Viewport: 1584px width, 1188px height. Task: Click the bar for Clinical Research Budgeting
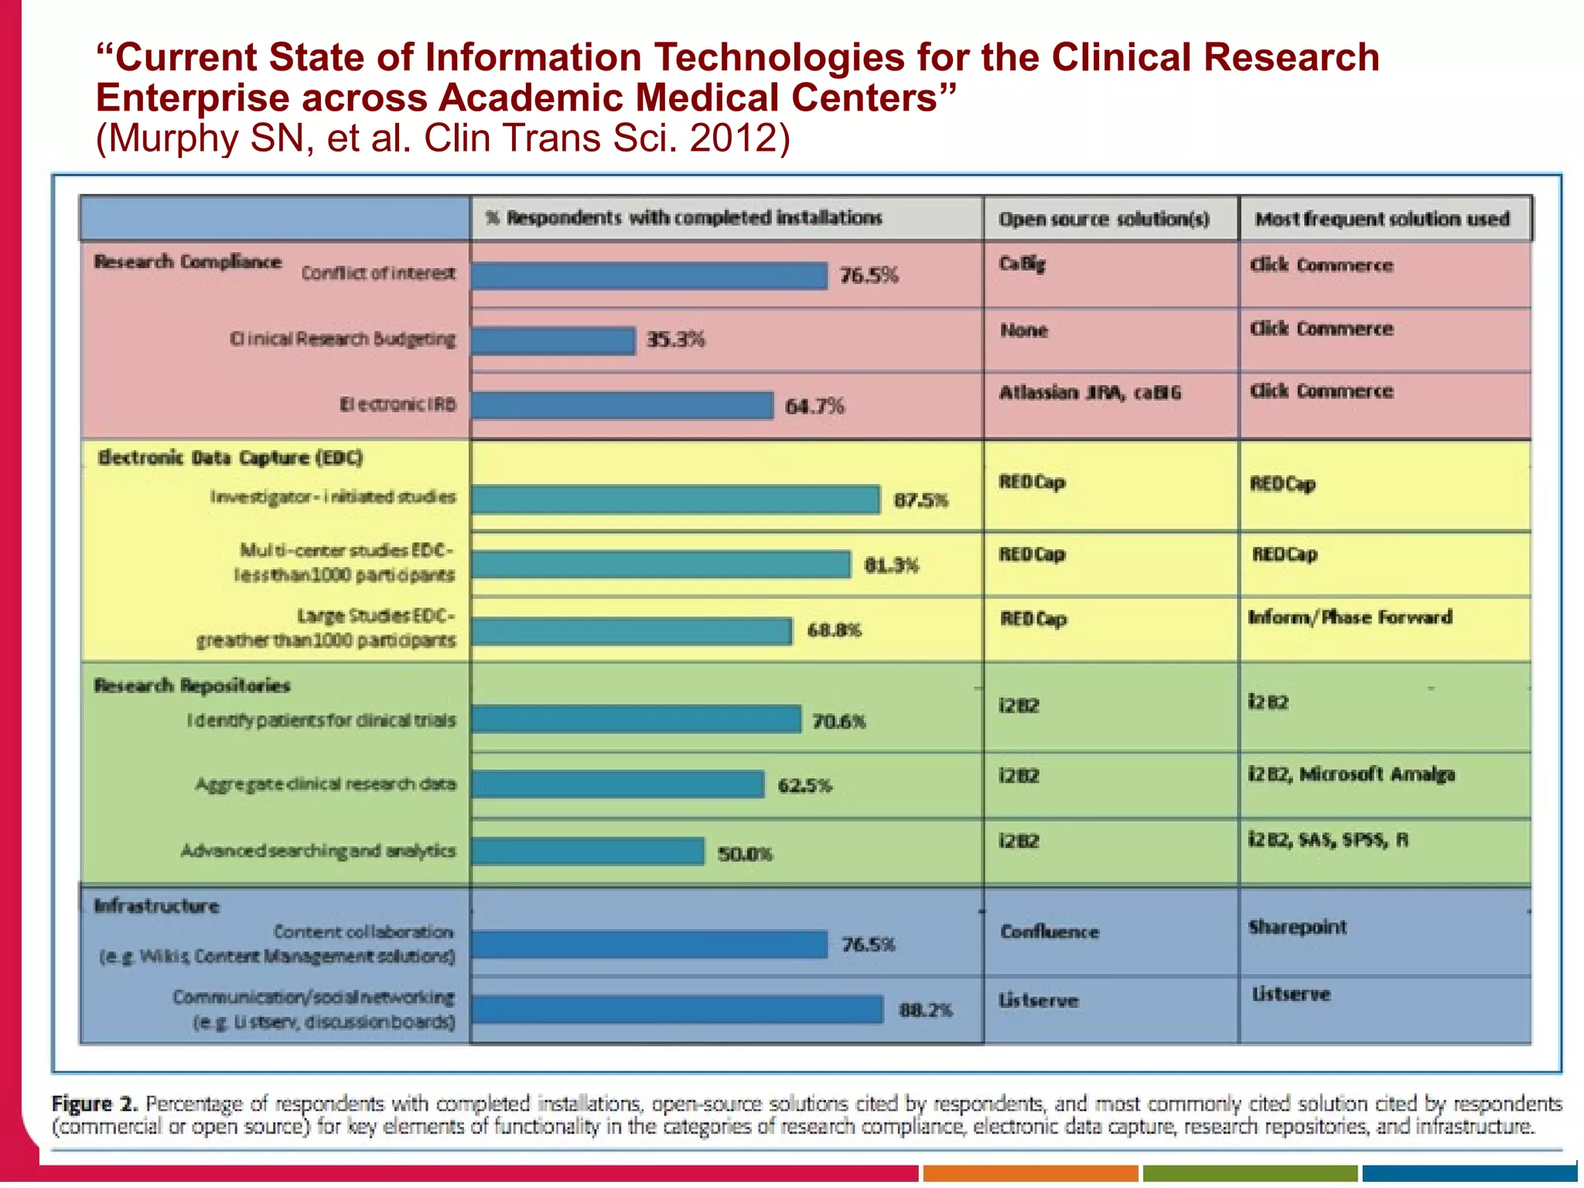[553, 340]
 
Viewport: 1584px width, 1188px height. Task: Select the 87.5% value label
[920, 500]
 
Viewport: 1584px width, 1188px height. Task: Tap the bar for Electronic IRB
[622, 405]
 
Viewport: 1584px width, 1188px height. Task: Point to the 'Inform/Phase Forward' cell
[1350, 617]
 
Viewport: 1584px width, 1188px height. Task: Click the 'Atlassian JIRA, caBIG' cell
[1090, 393]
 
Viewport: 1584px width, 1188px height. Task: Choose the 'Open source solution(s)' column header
[1104, 219]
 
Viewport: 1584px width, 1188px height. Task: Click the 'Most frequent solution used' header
[1382, 219]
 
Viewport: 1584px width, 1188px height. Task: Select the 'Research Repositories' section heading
[192, 685]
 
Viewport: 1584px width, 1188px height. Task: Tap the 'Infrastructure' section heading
[156, 906]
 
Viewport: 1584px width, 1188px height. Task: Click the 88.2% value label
[925, 1010]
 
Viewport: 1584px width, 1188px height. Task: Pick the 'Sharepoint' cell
[1297, 927]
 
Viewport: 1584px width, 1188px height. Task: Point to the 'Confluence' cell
[1049, 932]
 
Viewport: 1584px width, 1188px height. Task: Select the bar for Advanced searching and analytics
[588, 852]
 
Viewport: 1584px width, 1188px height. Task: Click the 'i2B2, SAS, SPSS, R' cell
[1328, 840]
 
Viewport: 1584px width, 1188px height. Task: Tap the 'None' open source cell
[1023, 331]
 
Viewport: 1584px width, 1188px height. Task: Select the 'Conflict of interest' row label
[378, 273]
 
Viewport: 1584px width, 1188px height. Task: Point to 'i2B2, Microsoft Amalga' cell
[1351, 774]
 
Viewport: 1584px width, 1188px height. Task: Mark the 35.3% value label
[675, 340]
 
